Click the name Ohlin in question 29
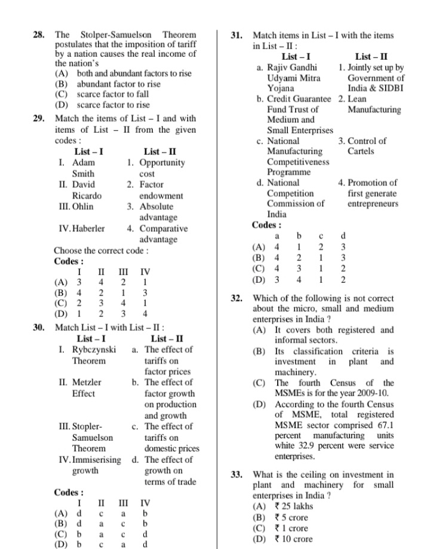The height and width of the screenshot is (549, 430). tap(82, 206)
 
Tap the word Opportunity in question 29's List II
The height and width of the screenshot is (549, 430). tap(162, 163)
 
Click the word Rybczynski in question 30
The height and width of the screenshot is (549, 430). tap(94, 349)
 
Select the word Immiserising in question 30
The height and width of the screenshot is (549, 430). tap(96, 460)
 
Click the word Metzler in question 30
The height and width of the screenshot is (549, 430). tap(87, 382)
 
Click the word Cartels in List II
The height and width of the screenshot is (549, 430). tap(361, 151)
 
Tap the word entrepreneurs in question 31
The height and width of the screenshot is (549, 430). tap(373, 204)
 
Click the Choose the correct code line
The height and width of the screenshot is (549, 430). tap(101, 251)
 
